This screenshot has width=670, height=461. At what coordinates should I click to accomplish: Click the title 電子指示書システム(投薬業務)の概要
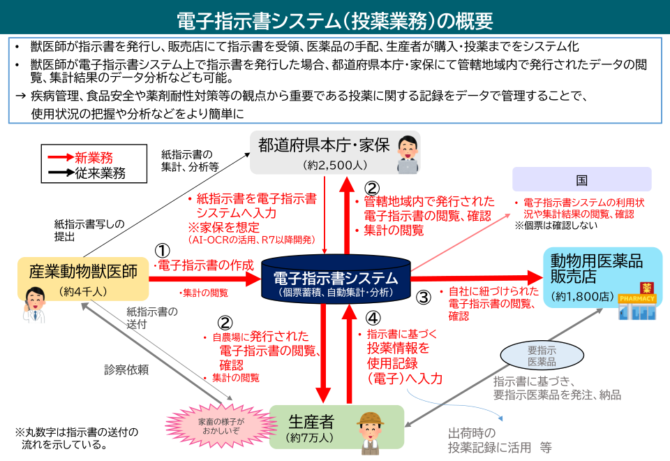click(x=335, y=20)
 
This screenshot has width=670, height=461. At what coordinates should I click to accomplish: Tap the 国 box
click(x=581, y=180)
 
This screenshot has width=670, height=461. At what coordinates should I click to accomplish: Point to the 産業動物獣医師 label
click(x=83, y=270)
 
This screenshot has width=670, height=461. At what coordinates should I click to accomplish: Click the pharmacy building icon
click(x=637, y=302)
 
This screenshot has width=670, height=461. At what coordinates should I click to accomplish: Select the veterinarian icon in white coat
click(x=33, y=306)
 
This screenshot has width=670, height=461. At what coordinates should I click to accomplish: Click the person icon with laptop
click(x=405, y=154)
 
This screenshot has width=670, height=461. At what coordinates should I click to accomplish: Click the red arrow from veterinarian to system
click(x=206, y=279)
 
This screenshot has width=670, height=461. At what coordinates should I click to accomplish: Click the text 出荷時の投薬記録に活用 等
click(x=499, y=440)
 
